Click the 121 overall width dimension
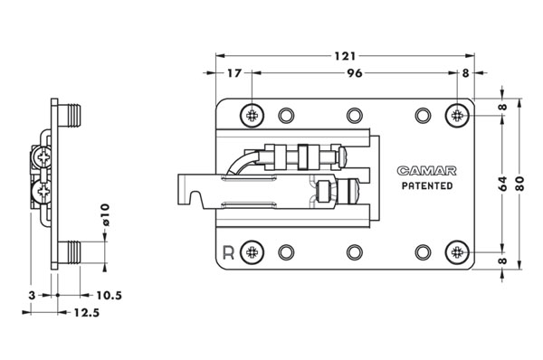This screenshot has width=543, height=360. (345, 56)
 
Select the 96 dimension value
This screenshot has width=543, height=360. (355, 73)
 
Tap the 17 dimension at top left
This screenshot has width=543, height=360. (233, 73)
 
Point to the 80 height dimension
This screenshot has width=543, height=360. (519, 184)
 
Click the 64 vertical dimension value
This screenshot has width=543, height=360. (502, 184)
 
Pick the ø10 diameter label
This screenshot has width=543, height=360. (105, 214)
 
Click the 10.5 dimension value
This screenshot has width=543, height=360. (110, 296)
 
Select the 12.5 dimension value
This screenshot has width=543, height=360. (87, 313)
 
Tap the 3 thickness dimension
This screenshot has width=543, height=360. (32, 296)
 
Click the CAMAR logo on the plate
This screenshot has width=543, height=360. (426, 171)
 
